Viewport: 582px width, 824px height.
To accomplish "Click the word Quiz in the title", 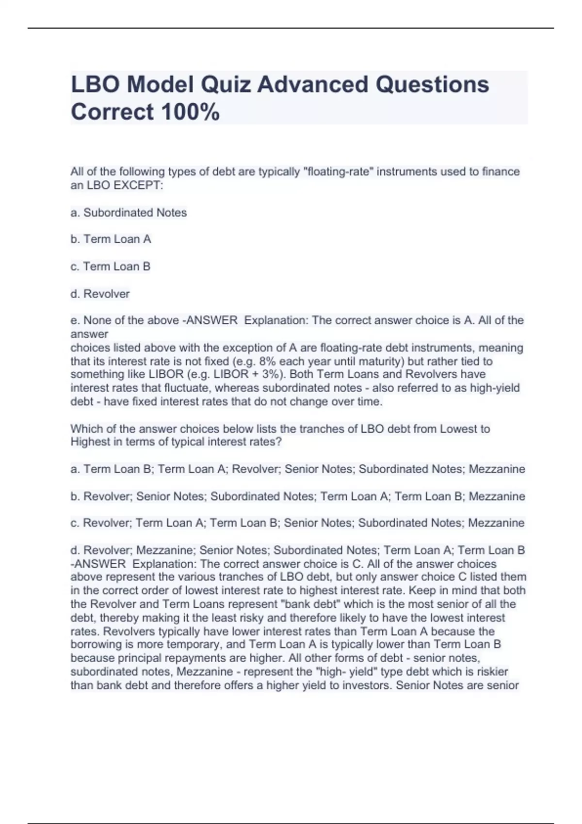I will pos(226,84).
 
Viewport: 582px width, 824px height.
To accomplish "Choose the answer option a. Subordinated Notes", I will pos(129,212).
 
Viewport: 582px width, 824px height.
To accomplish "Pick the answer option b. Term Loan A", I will pos(111,239).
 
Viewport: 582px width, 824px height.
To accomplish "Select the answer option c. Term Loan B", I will pos(110,266).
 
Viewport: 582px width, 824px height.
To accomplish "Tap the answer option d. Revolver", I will pos(100,294).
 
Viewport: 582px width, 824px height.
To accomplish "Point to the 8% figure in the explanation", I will pos(268,361).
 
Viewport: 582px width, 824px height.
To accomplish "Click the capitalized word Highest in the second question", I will pos(89,442).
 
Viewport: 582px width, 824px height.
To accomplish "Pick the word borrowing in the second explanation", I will pos(94,644).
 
